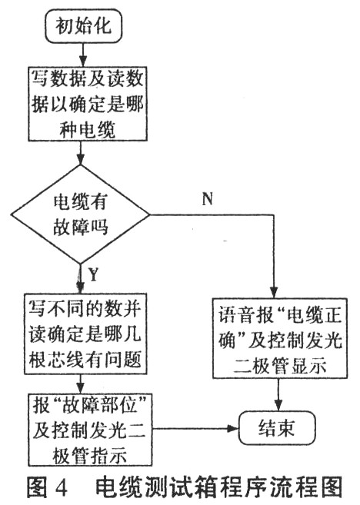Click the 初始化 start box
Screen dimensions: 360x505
(x=84, y=26)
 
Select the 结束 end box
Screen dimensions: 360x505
(x=277, y=428)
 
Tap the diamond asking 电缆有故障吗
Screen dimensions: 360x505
(x=80, y=214)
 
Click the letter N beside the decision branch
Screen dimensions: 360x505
(x=208, y=198)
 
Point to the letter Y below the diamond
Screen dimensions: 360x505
(x=93, y=275)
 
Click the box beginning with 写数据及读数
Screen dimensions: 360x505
(x=88, y=104)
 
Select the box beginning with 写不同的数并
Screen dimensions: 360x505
(x=85, y=334)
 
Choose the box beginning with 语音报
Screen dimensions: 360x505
(x=280, y=338)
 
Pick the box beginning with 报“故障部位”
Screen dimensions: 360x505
(x=90, y=430)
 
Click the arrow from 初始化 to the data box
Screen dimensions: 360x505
(x=84, y=55)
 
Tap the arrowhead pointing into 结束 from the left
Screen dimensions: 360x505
(x=233, y=428)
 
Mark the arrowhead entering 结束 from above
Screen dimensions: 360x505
(x=278, y=405)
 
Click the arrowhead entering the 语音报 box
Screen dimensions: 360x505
(x=274, y=292)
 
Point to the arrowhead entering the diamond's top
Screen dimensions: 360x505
(x=80, y=159)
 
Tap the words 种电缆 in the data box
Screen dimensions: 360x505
(x=88, y=129)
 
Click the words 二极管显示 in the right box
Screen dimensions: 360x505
(x=280, y=366)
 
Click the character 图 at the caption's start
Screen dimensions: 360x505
(x=37, y=487)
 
